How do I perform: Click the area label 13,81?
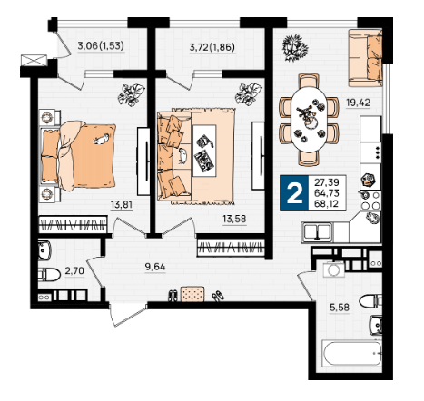pyautogui.click(x=122, y=205)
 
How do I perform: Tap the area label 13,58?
pyautogui.click(x=234, y=219)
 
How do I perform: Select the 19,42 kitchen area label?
pyautogui.click(x=358, y=103)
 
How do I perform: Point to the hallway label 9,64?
pyautogui.click(x=155, y=267)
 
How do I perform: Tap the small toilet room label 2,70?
pyautogui.click(x=74, y=270)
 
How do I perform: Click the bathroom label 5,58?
pyautogui.click(x=340, y=308)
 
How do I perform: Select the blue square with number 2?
pyautogui.click(x=294, y=193)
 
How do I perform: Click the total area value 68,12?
pyautogui.click(x=327, y=203)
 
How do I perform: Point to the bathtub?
pyautogui.click(x=352, y=353)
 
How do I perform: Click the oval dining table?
pyautogui.click(x=309, y=119)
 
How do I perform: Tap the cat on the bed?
pyautogui.click(x=101, y=139)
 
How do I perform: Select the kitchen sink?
pyautogui.click(x=317, y=232)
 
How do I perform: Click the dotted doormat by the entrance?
pyautogui.click(x=192, y=294)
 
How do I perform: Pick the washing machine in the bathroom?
pyautogui.click(x=334, y=269)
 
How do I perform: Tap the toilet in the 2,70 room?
pyautogui.click(x=49, y=275)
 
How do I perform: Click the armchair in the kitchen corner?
pyautogui.click(x=365, y=58)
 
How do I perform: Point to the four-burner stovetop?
pyautogui.click(x=370, y=200)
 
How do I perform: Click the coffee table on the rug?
pyautogui.click(x=204, y=151)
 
